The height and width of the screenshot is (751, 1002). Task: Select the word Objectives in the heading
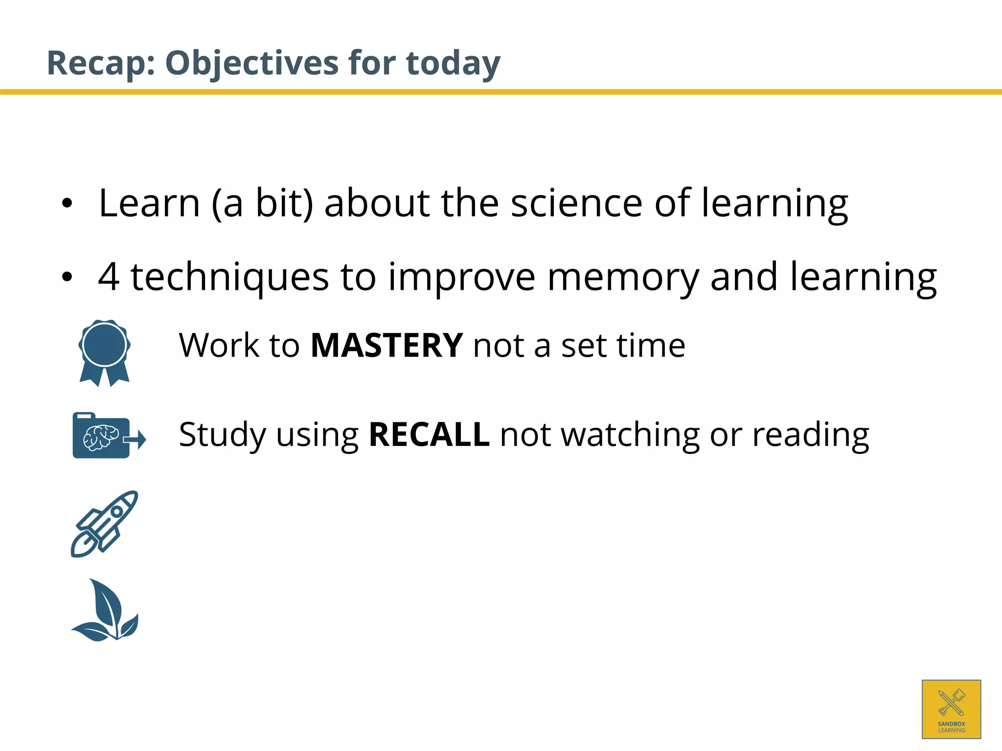[x=251, y=63]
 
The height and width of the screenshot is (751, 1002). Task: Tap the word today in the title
[x=453, y=63]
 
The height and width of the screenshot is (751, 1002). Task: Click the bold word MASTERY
[x=387, y=346]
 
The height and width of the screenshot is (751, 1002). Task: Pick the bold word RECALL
[x=429, y=434]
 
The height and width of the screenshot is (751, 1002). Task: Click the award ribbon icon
[x=104, y=353]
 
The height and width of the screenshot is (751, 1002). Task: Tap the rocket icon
[x=104, y=524]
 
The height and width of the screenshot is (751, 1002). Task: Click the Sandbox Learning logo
[x=951, y=709]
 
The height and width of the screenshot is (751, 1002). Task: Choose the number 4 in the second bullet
[x=109, y=277]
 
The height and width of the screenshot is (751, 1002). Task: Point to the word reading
[x=810, y=434]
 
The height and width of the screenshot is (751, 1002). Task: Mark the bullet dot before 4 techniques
[x=67, y=277]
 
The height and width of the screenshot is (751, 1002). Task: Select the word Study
[x=221, y=434]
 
